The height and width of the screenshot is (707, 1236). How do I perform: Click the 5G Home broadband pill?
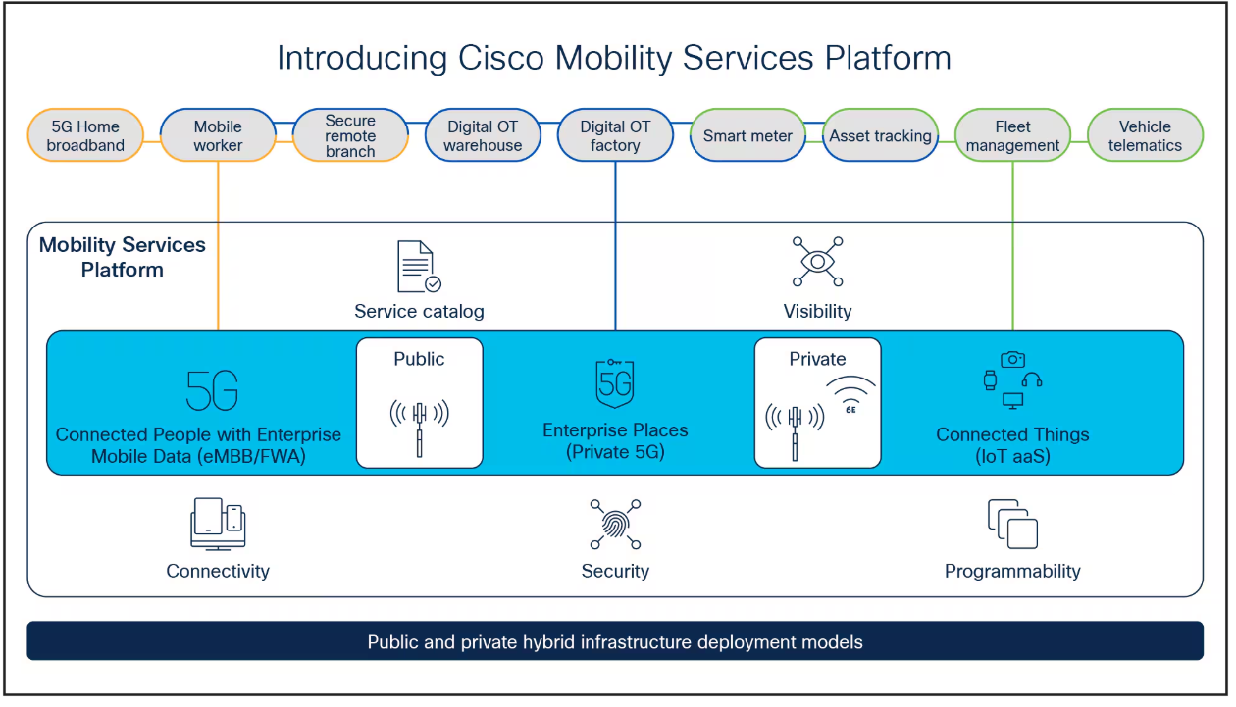coord(86,135)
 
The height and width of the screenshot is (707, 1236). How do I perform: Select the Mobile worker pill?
coord(218,135)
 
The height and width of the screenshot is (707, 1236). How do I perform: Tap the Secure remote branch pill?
coord(350,135)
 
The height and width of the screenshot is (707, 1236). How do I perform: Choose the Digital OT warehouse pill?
coord(483,135)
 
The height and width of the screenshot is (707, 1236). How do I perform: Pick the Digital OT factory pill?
coord(615,135)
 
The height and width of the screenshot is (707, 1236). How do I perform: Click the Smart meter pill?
coord(747,136)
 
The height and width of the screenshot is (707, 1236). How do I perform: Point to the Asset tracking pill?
coord(880,136)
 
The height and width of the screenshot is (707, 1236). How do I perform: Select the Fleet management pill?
coord(1012,135)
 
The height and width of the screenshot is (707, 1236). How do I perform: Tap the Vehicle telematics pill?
coord(1145,135)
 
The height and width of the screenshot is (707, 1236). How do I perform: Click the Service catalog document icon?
coord(418,267)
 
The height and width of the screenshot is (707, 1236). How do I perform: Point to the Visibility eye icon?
coord(817,262)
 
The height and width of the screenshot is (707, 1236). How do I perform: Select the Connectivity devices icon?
coord(218,524)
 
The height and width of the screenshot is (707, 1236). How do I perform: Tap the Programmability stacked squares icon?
coord(1012,524)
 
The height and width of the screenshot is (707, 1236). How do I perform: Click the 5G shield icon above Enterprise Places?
coord(615,383)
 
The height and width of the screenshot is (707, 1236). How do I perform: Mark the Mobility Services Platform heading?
coord(123,257)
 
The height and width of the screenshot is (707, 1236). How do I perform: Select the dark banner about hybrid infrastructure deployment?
coord(615,642)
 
